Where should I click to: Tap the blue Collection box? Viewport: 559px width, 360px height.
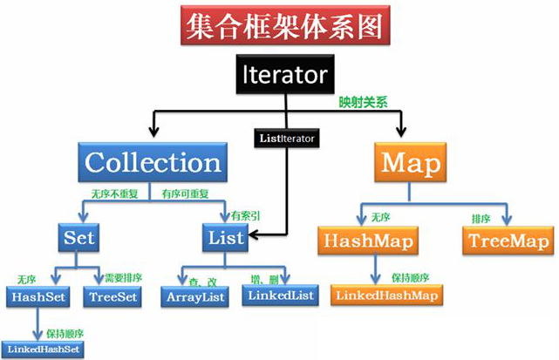pos(153,163)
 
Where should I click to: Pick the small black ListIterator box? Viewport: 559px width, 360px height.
pos(286,137)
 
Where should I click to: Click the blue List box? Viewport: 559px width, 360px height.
pos(224,236)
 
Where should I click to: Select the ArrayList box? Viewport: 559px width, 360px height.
pos(194,296)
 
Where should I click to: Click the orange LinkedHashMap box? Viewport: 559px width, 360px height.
pos(385,295)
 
